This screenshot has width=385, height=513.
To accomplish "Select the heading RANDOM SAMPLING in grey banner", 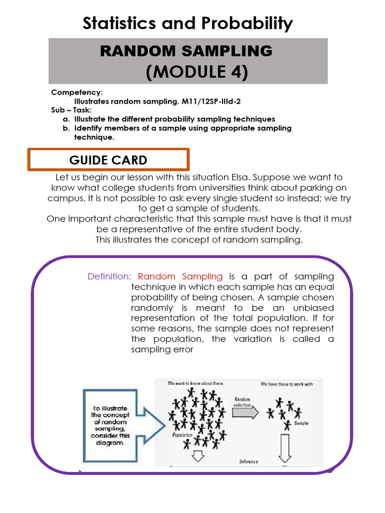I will [x=186, y=51].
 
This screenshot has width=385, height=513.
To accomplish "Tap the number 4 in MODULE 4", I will [x=237, y=72].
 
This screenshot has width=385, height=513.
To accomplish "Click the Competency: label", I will [x=77, y=93].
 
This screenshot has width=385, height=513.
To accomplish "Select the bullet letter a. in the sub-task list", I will [x=66, y=119].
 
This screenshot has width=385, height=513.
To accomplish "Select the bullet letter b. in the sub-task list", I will [x=66, y=128].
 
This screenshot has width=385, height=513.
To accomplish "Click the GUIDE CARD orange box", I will [x=108, y=160].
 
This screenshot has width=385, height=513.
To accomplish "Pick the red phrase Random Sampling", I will [x=180, y=277].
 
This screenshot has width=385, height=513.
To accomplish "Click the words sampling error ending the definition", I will [x=162, y=350].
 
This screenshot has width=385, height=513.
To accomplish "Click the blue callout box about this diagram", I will [x=110, y=426].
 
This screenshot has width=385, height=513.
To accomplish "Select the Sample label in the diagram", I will [x=301, y=423].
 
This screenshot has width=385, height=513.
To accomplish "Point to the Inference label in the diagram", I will [x=249, y=461].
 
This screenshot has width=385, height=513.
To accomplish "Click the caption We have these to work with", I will [x=287, y=384].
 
